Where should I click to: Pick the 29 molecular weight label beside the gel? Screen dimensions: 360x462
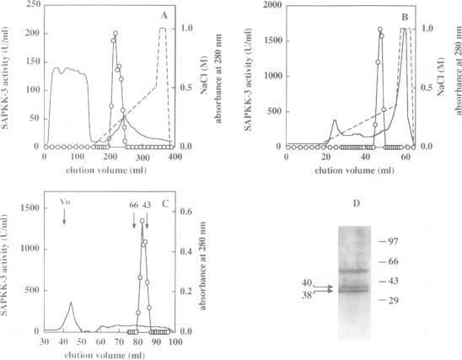[392, 299]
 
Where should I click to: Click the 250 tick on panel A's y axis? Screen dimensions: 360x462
[33, 4]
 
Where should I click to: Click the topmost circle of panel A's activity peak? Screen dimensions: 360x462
[115, 34]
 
